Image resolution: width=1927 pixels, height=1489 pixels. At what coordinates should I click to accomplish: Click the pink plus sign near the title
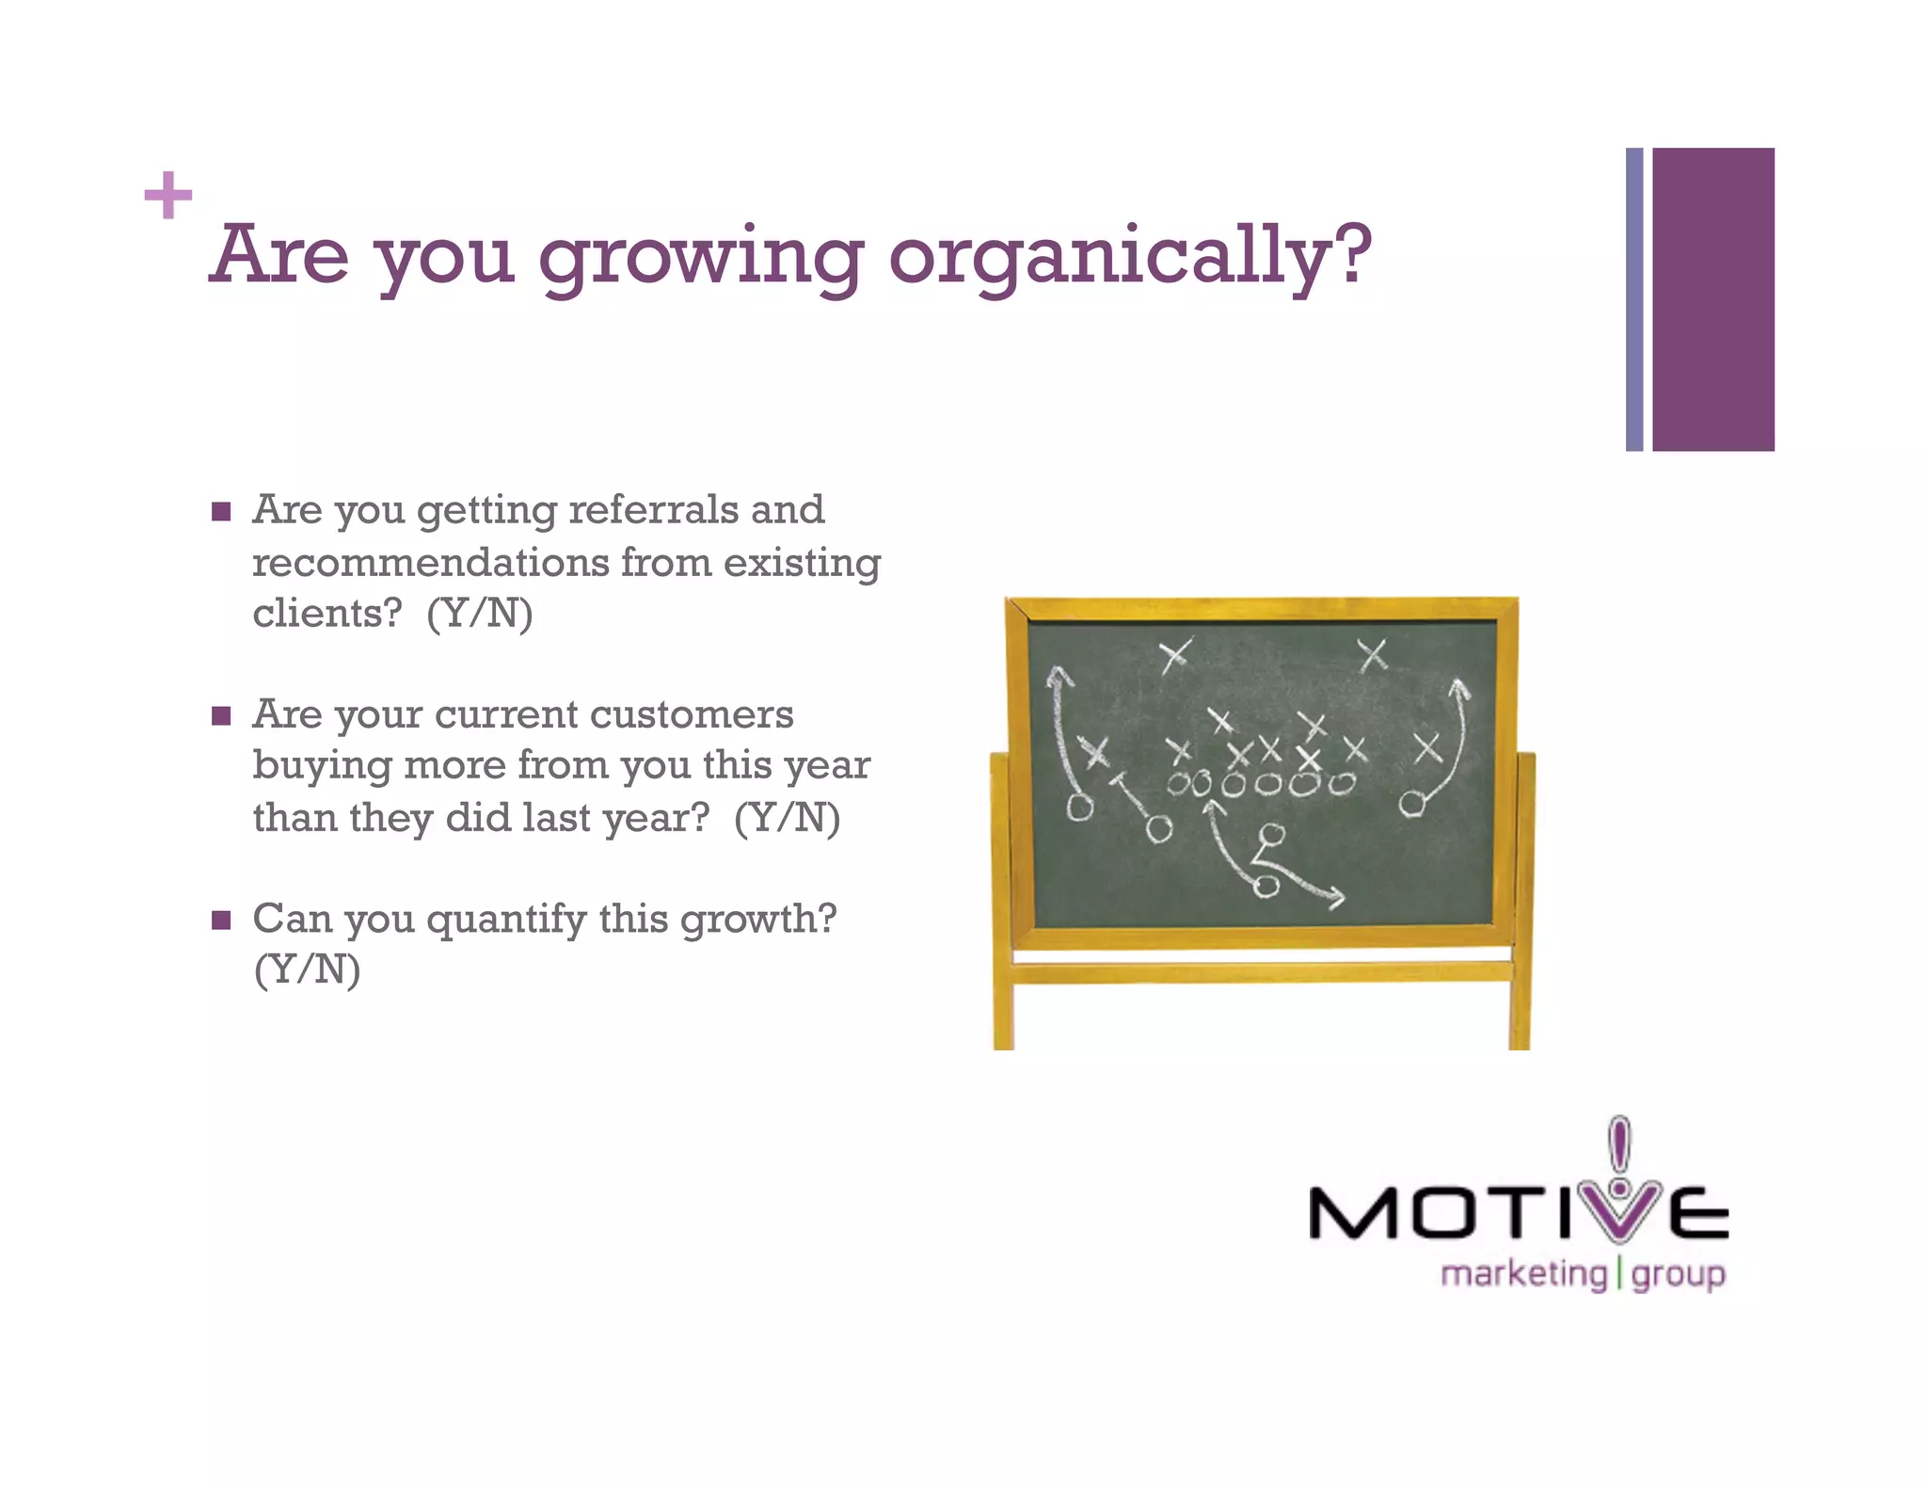pyautogui.click(x=168, y=195)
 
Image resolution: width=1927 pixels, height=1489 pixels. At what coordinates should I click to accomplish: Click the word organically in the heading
pyautogui.click(x=1129, y=256)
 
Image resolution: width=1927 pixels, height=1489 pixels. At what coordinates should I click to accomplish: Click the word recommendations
pyautogui.click(x=431, y=562)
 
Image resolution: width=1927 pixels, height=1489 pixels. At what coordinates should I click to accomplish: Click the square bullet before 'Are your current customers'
pyautogui.click(x=221, y=716)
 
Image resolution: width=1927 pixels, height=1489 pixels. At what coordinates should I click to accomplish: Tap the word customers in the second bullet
pyautogui.click(x=692, y=714)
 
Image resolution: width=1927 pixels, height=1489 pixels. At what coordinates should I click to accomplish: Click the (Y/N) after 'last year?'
pyautogui.click(x=787, y=817)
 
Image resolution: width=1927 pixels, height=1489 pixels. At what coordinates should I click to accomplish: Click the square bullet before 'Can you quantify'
pyautogui.click(x=221, y=920)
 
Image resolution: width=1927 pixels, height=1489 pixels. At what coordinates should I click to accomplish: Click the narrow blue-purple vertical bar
pyautogui.click(x=1634, y=299)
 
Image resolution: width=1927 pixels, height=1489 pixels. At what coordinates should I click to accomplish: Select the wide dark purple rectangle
pyautogui.click(x=1712, y=299)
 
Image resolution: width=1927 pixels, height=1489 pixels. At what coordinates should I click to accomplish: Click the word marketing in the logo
pyautogui.click(x=1523, y=1274)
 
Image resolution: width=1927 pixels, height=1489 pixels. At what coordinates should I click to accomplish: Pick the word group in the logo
pyautogui.click(x=1678, y=1276)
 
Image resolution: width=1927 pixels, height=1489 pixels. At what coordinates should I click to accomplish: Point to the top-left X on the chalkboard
pyautogui.click(x=1174, y=654)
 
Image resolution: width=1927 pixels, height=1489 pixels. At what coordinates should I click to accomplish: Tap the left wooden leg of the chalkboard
pyautogui.click(x=1002, y=904)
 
